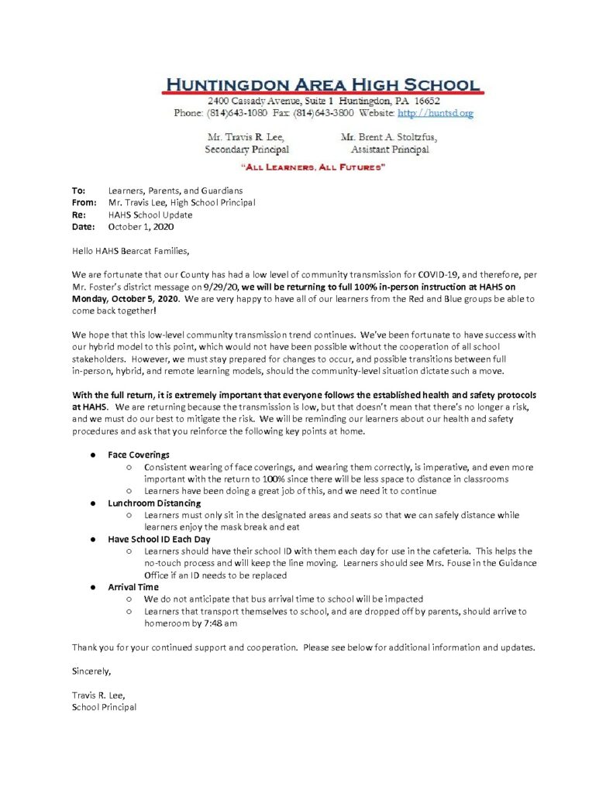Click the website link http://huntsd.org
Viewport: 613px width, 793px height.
(435, 113)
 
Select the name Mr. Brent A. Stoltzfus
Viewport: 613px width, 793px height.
(388, 137)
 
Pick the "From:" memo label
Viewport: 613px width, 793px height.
(84, 203)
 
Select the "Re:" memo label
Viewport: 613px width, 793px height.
(78, 215)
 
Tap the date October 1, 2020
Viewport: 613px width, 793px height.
(141, 228)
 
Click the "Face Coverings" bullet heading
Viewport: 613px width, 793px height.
(139, 455)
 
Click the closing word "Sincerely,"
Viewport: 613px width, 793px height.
(91, 671)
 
